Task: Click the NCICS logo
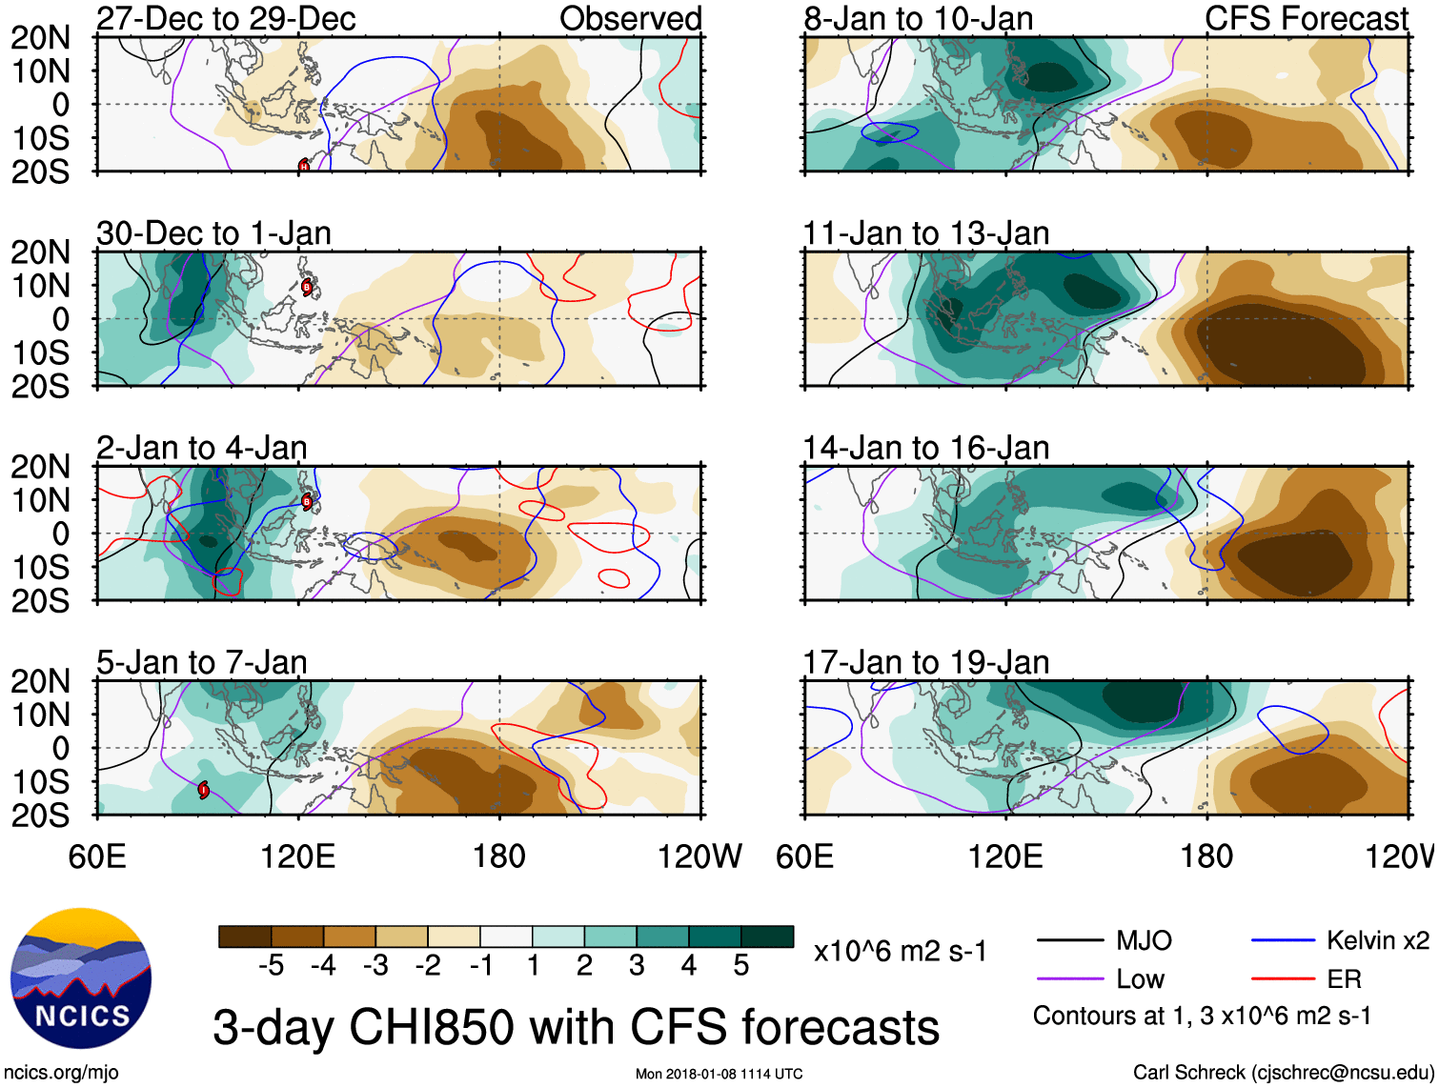81,978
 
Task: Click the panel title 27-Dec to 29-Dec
226,18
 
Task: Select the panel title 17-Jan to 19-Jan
925,662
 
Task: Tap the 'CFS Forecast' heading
1306,18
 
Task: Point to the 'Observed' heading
630,18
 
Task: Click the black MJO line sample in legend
1070,941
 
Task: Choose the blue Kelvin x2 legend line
1283,941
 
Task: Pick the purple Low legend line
1070,979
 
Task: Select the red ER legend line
1283,979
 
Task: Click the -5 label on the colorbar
271,966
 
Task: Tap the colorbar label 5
741,966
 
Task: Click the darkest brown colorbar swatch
245,937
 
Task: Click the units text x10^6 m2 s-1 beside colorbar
901,951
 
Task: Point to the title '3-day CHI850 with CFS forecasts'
576,1028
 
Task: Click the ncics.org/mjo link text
61,1073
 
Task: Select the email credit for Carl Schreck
1283,1073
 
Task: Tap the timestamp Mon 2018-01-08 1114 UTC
719,1074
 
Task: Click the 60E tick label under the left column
97,856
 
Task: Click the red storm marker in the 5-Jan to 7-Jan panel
203,790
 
